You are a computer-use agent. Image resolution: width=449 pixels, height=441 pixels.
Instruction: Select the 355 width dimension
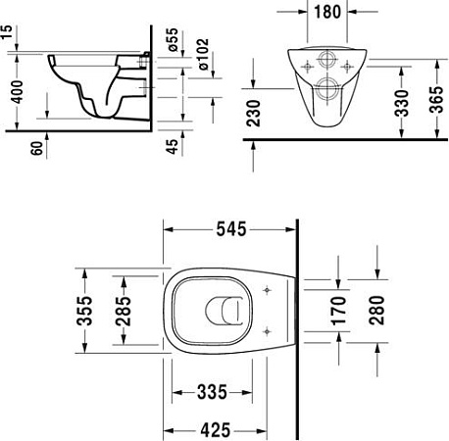tap(85, 312)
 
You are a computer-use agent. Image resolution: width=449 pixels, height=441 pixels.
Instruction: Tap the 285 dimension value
tap(124, 312)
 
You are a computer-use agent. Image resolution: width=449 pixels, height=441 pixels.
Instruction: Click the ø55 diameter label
tap(173, 40)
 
